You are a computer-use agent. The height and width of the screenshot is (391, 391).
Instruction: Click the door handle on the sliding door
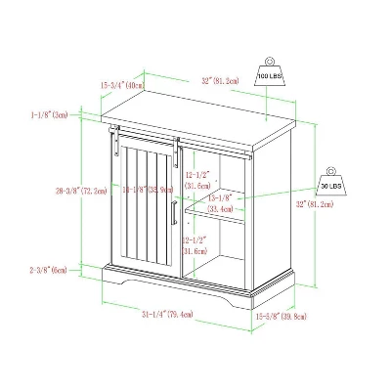(x=174, y=213)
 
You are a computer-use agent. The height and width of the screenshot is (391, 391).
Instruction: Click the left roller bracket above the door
(x=116, y=133)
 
